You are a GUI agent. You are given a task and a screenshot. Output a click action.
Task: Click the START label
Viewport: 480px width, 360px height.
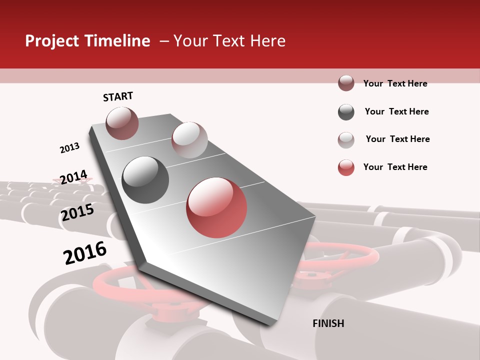pos(118,96)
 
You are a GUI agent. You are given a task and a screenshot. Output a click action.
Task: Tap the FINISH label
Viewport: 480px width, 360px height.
pos(328,323)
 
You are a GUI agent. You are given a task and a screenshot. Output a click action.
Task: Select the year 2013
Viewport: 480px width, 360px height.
pos(69,148)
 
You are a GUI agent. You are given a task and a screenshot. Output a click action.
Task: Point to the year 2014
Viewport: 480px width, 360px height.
pos(73,177)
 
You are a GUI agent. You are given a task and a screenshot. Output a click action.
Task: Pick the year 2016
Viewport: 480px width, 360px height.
pos(85,253)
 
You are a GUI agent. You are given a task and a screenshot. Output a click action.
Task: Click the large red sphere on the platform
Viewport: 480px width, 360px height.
pos(216,207)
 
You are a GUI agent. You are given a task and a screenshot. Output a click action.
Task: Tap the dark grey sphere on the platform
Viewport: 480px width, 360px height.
pos(145,180)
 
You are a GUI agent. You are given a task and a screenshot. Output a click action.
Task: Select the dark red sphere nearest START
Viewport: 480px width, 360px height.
pos(122,123)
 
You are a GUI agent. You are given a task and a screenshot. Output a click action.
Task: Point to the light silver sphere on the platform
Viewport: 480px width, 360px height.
pos(189,140)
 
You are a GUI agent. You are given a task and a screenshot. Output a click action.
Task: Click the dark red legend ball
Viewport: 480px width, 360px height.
pos(346,83)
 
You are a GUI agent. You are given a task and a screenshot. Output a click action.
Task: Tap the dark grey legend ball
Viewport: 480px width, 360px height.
pos(346,112)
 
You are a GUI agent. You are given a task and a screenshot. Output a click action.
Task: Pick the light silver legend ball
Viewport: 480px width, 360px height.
pos(346,140)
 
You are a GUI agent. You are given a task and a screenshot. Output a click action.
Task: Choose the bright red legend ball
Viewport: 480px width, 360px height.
pos(346,167)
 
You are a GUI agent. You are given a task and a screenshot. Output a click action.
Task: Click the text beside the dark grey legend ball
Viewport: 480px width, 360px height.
pos(396,111)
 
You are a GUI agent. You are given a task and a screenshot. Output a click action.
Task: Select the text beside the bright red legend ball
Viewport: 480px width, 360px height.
pos(395,167)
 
